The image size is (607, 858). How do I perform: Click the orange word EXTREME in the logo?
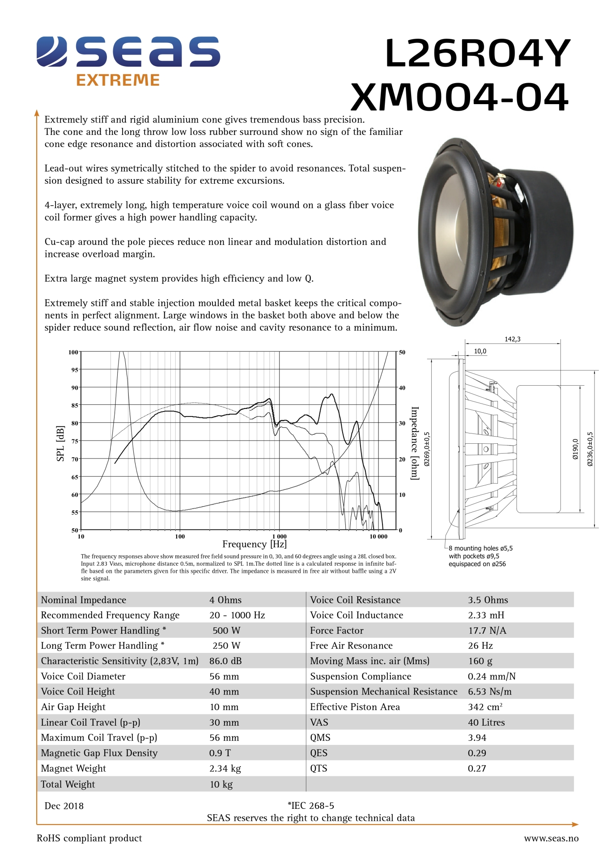click(118, 80)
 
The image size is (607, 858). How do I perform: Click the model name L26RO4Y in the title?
click(477, 54)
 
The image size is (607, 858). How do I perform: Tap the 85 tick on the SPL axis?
click(75, 405)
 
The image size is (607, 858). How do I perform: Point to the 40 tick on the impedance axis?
click(402, 388)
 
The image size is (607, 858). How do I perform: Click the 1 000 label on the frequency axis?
click(279, 536)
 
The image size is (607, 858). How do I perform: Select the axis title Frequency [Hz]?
click(254, 544)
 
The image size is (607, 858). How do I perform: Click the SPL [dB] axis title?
click(60, 443)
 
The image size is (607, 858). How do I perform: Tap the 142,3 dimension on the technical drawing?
click(512, 339)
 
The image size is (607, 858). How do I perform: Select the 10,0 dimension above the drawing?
click(480, 351)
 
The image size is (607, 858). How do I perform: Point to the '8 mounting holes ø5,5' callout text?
click(480, 548)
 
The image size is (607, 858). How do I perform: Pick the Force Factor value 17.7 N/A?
click(487, 631)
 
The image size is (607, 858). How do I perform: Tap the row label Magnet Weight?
click(73, 768)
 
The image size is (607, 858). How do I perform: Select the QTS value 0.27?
click(477, 768)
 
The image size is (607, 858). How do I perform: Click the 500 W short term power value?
click(226, 631)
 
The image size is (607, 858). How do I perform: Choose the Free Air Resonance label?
click(351, 646)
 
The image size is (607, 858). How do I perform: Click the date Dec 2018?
click(64, 806)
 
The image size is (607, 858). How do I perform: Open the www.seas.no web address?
click(551, 838)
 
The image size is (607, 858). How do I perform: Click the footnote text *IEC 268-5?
click(311, 806)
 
